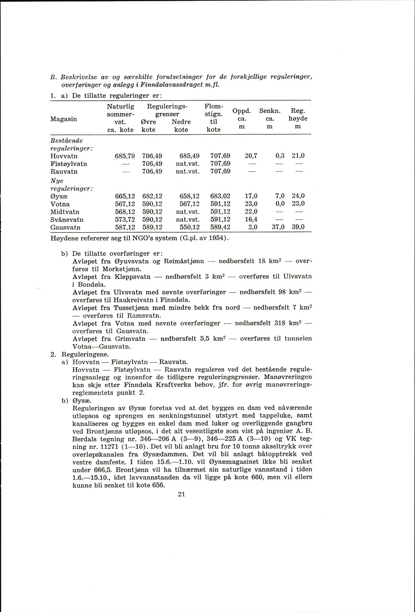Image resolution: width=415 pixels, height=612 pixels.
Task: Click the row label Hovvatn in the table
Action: coord(64,156)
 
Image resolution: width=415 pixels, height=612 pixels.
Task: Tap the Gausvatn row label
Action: coord(65,227)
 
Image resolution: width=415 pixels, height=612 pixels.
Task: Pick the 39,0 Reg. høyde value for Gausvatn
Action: coord(298,227)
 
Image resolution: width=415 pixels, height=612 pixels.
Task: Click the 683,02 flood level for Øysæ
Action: coord(221,196)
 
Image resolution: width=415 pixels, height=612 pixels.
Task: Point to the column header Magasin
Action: coord(64,119)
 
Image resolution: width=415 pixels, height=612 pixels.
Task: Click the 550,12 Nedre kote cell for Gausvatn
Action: coord(189,227)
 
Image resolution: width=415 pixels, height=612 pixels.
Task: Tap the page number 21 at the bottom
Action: coord(182,494)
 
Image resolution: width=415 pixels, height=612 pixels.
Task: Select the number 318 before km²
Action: coord(280,323)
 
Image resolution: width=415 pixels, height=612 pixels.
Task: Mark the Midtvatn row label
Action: coord(65,212)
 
